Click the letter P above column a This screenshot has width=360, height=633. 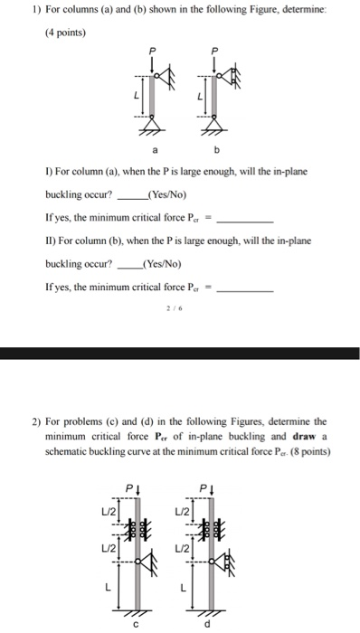pyautogui.click(x=155, y=51)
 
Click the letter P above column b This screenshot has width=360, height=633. pyautogui.click(x=213, y=51)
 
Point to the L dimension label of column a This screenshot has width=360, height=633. pyautogui.click(x=137, y=96)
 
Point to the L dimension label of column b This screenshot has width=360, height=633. pyautogui.click(x=198, y=96)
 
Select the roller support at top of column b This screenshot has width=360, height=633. pyautogui.click(x=232, y=79)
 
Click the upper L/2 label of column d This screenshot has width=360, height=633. pyautogui.click(x=184, y=514)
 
